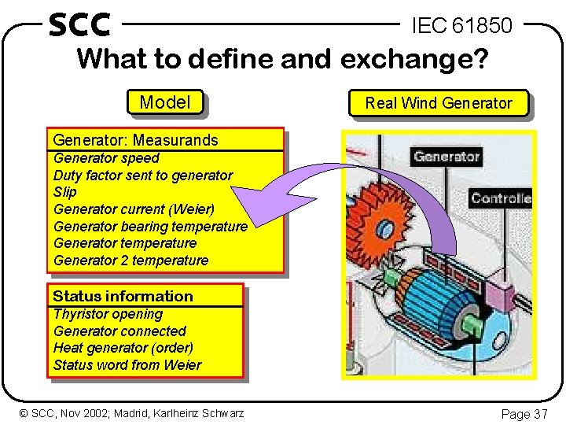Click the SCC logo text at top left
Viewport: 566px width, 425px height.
79,24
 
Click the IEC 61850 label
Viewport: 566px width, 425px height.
462,26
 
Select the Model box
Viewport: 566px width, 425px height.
164,102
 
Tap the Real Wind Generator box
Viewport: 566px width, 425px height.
438,103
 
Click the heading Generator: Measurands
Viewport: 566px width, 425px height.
135,140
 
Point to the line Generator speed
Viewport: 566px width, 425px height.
106,158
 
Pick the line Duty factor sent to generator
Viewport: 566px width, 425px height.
143,175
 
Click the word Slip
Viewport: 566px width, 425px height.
65,192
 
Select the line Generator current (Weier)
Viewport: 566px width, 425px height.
134,209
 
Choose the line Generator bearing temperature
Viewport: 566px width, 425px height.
150,226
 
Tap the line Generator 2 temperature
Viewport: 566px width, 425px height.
130,261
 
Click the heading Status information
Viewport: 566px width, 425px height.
123,296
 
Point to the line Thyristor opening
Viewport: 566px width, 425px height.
108,314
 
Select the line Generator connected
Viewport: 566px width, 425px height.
119,331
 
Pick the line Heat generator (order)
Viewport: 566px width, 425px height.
123,348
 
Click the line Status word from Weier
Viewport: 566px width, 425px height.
127,365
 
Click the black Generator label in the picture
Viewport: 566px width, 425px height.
447,157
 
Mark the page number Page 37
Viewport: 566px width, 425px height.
524,413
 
